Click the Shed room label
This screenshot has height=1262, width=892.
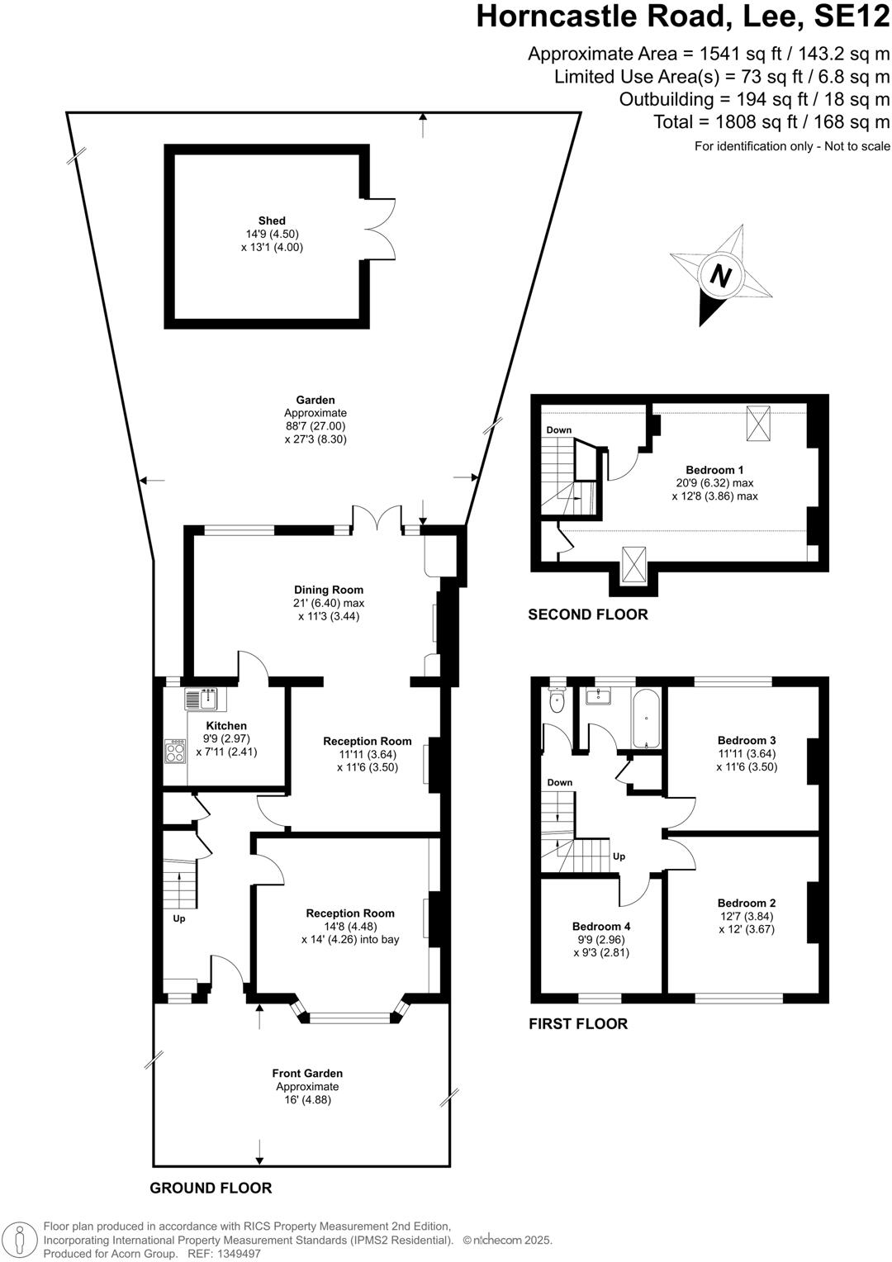272,221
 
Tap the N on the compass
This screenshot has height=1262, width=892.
721,276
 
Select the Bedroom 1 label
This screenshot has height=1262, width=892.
714,470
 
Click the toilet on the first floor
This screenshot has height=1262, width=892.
557,701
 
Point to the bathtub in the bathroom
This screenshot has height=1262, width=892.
646,718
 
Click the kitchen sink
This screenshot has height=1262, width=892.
201,699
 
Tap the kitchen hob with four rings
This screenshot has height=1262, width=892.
175,750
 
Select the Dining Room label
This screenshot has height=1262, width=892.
329,590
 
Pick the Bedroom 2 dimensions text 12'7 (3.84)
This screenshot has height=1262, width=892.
747,916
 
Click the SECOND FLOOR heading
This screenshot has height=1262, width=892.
588,614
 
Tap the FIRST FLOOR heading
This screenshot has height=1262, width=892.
578,1023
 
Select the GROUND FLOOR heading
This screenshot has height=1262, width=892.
211,1188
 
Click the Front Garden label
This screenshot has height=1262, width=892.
307,1073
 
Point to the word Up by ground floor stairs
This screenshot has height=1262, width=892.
179,918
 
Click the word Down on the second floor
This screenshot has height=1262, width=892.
558,430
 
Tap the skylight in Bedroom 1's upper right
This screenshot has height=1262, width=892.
758,423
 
